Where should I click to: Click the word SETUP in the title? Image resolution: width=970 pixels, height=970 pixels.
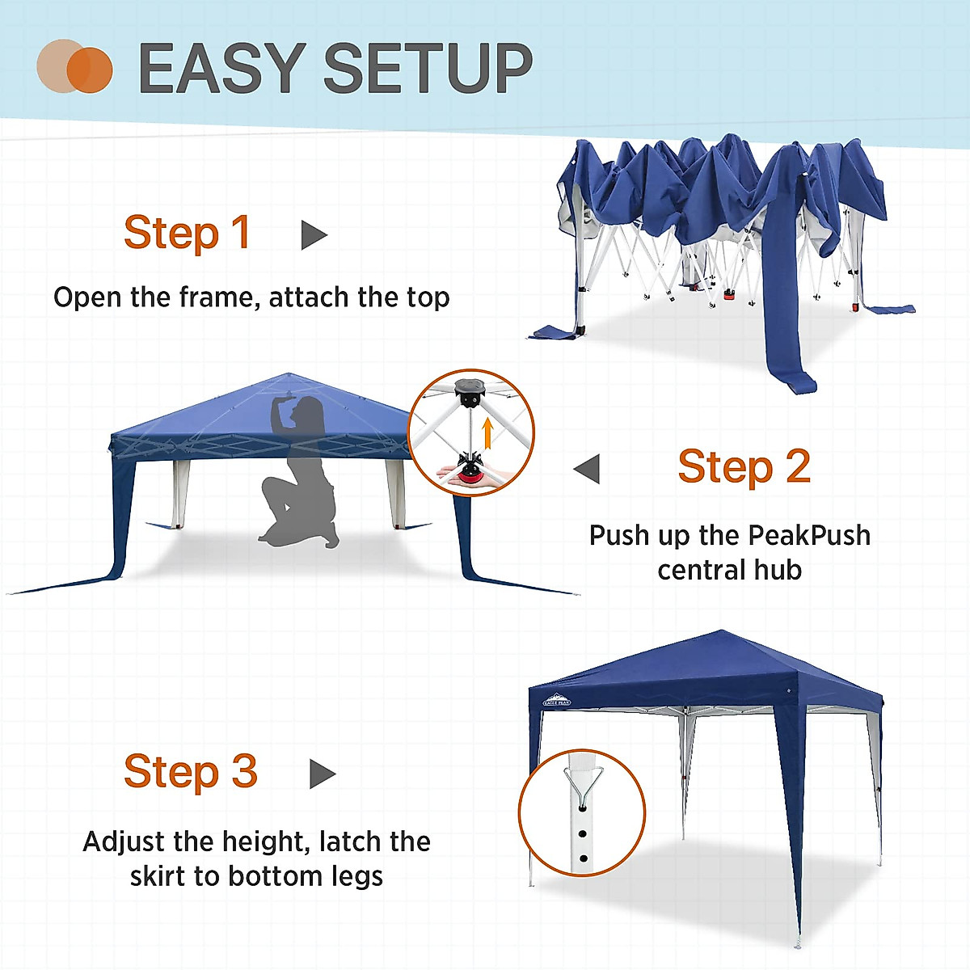[x=428, y=69]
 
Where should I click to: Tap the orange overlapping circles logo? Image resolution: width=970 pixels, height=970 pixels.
[x=74, y=66]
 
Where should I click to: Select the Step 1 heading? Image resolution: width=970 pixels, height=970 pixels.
[x=187, y=234]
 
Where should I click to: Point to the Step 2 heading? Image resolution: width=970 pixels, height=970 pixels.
[x=744, y=466]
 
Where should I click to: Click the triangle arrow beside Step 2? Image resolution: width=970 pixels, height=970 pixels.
[x=588, y=468]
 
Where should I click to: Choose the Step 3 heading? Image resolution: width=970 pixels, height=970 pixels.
[x=190, y=772]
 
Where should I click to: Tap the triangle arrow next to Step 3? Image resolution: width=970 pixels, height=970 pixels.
[x=322, y=774]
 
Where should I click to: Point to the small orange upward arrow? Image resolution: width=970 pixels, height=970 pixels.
[x=487, y=432]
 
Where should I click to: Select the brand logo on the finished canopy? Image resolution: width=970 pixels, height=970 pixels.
[x=556, y=700]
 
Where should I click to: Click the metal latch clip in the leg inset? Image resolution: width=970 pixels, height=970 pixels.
[x=581, y=784]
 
